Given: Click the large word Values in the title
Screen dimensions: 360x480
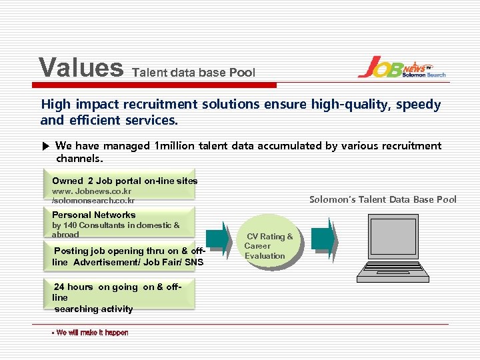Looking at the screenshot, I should coord(81,67).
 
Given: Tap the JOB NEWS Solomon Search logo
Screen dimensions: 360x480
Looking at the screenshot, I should coord(401,67).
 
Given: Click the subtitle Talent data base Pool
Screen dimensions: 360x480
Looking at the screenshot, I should coord(194,72).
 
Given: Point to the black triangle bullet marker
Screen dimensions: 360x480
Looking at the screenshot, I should coord(45,146).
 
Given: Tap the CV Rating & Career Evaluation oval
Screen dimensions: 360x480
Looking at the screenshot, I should coord(268,246).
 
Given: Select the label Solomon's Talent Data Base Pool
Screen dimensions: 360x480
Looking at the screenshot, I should coord(383,199).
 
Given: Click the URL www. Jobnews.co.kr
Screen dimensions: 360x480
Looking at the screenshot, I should coord(91,191).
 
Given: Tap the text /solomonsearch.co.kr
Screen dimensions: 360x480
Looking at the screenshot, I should coord(93,201).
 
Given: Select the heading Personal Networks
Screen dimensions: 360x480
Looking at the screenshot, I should coord(93,215).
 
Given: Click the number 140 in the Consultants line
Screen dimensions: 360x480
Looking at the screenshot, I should coord(71,225).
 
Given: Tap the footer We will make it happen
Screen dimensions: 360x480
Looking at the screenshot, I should coord(91,332).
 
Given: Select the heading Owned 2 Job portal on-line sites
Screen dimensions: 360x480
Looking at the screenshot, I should coord(125,181).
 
